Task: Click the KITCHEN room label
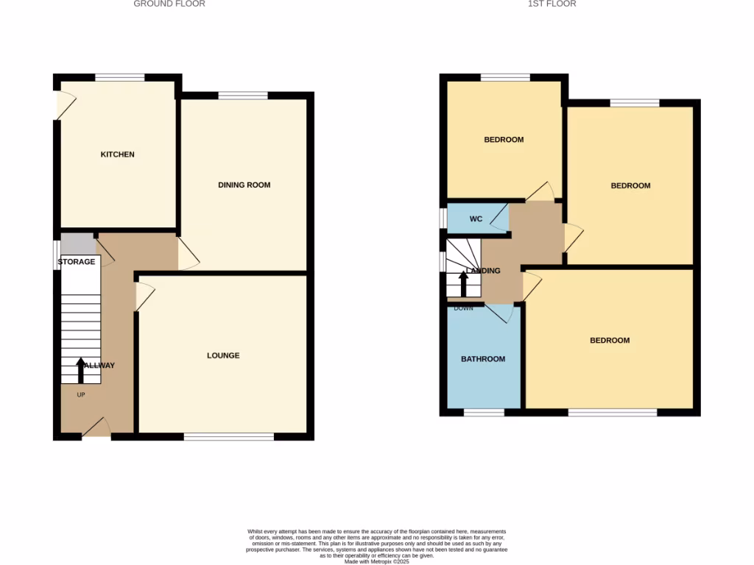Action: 118,154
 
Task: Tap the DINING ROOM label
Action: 244,185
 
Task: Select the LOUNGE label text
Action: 223,355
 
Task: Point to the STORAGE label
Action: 77,262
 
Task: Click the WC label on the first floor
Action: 476,218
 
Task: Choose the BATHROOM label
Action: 483,359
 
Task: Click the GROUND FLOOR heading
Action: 169,4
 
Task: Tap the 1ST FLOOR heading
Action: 552,4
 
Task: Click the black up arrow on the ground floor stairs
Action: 80,370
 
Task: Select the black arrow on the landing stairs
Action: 464,284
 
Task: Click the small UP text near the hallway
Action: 81,395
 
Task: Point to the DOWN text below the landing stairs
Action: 464,308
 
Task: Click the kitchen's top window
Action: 120,77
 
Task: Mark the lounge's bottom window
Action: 229,437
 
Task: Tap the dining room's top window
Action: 243,95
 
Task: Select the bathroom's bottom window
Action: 484,413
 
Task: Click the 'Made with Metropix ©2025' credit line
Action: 377,561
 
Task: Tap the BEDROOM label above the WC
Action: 504,140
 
